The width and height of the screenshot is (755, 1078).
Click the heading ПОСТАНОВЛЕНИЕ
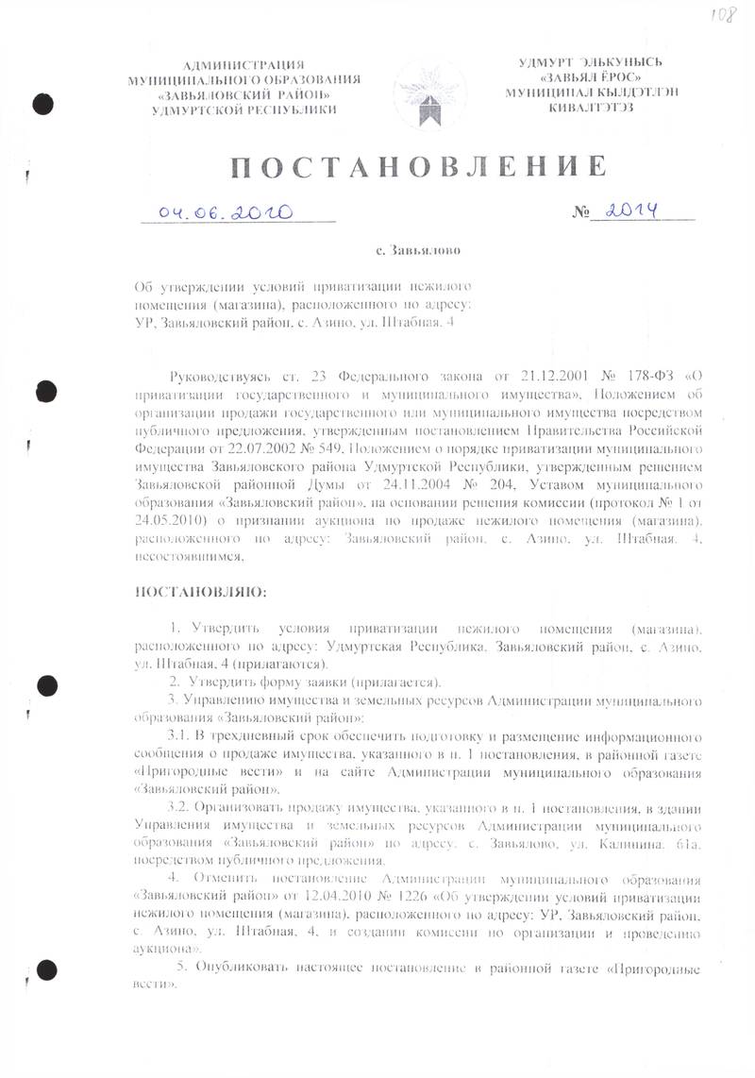coord(416,168)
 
